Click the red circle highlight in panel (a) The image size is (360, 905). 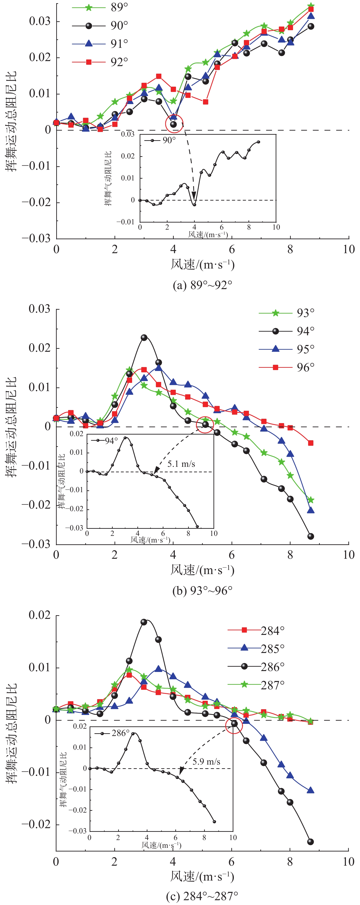[174, 124]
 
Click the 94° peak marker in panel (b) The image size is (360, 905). [144, 338]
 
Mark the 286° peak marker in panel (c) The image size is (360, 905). [144, 622]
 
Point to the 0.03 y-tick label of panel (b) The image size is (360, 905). [39, 309]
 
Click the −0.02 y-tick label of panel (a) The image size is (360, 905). [36, 202]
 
